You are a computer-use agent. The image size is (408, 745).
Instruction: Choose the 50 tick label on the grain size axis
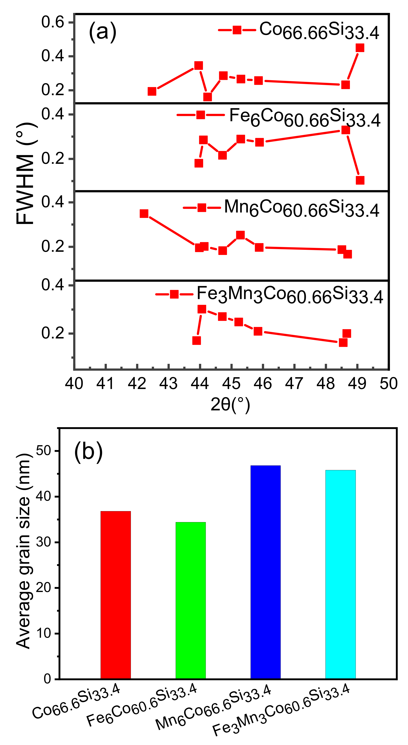[x=43, y=451]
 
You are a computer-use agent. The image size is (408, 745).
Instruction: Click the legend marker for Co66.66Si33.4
[x=237, y=30]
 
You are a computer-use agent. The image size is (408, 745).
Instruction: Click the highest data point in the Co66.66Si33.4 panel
[x=360, y=48]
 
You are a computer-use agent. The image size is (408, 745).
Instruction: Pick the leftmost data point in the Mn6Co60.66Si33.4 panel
[x=144, y=214]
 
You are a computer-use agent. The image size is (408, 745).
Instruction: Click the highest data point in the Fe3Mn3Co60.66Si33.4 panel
[x=202, y=309]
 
